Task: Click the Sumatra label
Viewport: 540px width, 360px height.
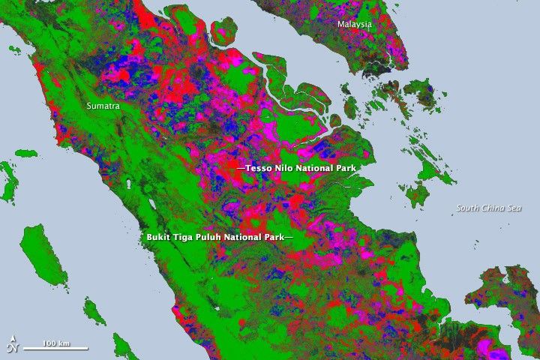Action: pos(103,106)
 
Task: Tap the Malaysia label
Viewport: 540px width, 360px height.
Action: pos(355,24)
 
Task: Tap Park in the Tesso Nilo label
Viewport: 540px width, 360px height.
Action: pos(346,169)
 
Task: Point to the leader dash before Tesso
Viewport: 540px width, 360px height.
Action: pos(241,169)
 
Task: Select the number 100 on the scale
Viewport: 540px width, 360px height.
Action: pos(49,343)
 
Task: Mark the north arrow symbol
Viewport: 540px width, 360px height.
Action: pos(11,346)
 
